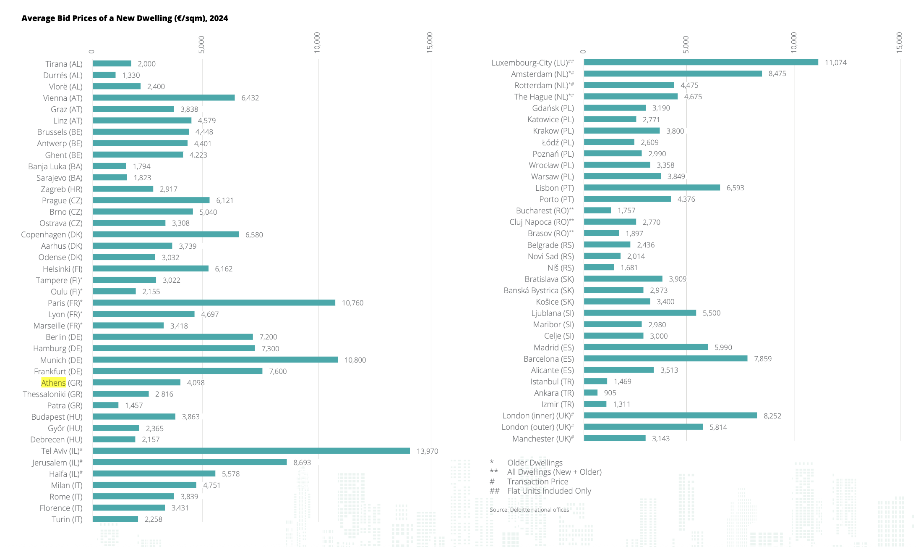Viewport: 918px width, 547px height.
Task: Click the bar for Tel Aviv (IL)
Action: [251, 451]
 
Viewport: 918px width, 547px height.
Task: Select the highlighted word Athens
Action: [53, 383]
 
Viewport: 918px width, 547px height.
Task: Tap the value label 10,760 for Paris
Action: [352, 303]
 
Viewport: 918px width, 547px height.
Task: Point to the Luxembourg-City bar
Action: [701, 63]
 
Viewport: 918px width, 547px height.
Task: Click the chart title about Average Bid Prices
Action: [125, 18]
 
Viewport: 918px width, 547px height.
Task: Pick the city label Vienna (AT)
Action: [63, 98]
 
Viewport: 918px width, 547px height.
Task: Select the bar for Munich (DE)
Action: [215, 360]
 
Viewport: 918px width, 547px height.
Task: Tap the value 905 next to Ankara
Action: [610, 393]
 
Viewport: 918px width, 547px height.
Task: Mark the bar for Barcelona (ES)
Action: [665, 359]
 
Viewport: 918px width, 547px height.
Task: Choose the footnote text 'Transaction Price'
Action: [537, 481]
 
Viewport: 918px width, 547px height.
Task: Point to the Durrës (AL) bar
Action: [104, 75]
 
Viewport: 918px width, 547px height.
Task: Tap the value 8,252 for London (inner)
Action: [772, 416]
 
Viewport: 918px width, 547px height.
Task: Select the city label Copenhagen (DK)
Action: [52, 234]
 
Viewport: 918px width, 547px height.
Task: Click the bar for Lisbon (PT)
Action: [652, 188]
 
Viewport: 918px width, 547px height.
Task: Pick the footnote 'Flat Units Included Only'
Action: [549, 491]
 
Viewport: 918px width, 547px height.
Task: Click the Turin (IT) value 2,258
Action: [153, 519]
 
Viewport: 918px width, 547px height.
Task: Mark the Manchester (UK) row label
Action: [542, 439]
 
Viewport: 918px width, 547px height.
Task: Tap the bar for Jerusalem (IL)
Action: [190, 462]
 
